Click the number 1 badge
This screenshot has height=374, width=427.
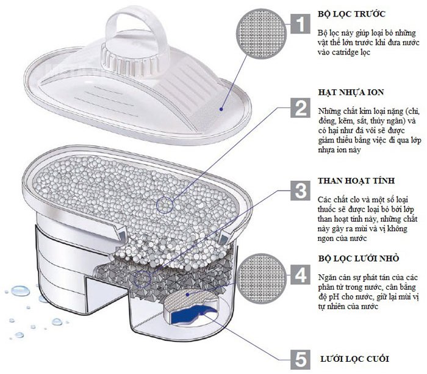click(x=299, y=24)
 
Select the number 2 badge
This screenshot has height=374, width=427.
click(x=299, y=109)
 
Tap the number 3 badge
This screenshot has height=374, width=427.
click(x=299, y=190)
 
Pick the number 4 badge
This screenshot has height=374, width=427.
click(x=299, y=275)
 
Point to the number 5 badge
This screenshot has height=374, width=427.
click(x=299, y=358)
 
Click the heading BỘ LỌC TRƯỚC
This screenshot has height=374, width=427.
click(x=351, y=13)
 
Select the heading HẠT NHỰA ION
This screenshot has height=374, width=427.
click(x=350, y=92)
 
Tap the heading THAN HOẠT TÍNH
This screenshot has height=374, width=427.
click(x=356, y=182)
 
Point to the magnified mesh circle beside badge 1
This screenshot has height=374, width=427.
click(x=261, y=31)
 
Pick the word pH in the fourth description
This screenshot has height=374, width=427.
click(x=331, y=297)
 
